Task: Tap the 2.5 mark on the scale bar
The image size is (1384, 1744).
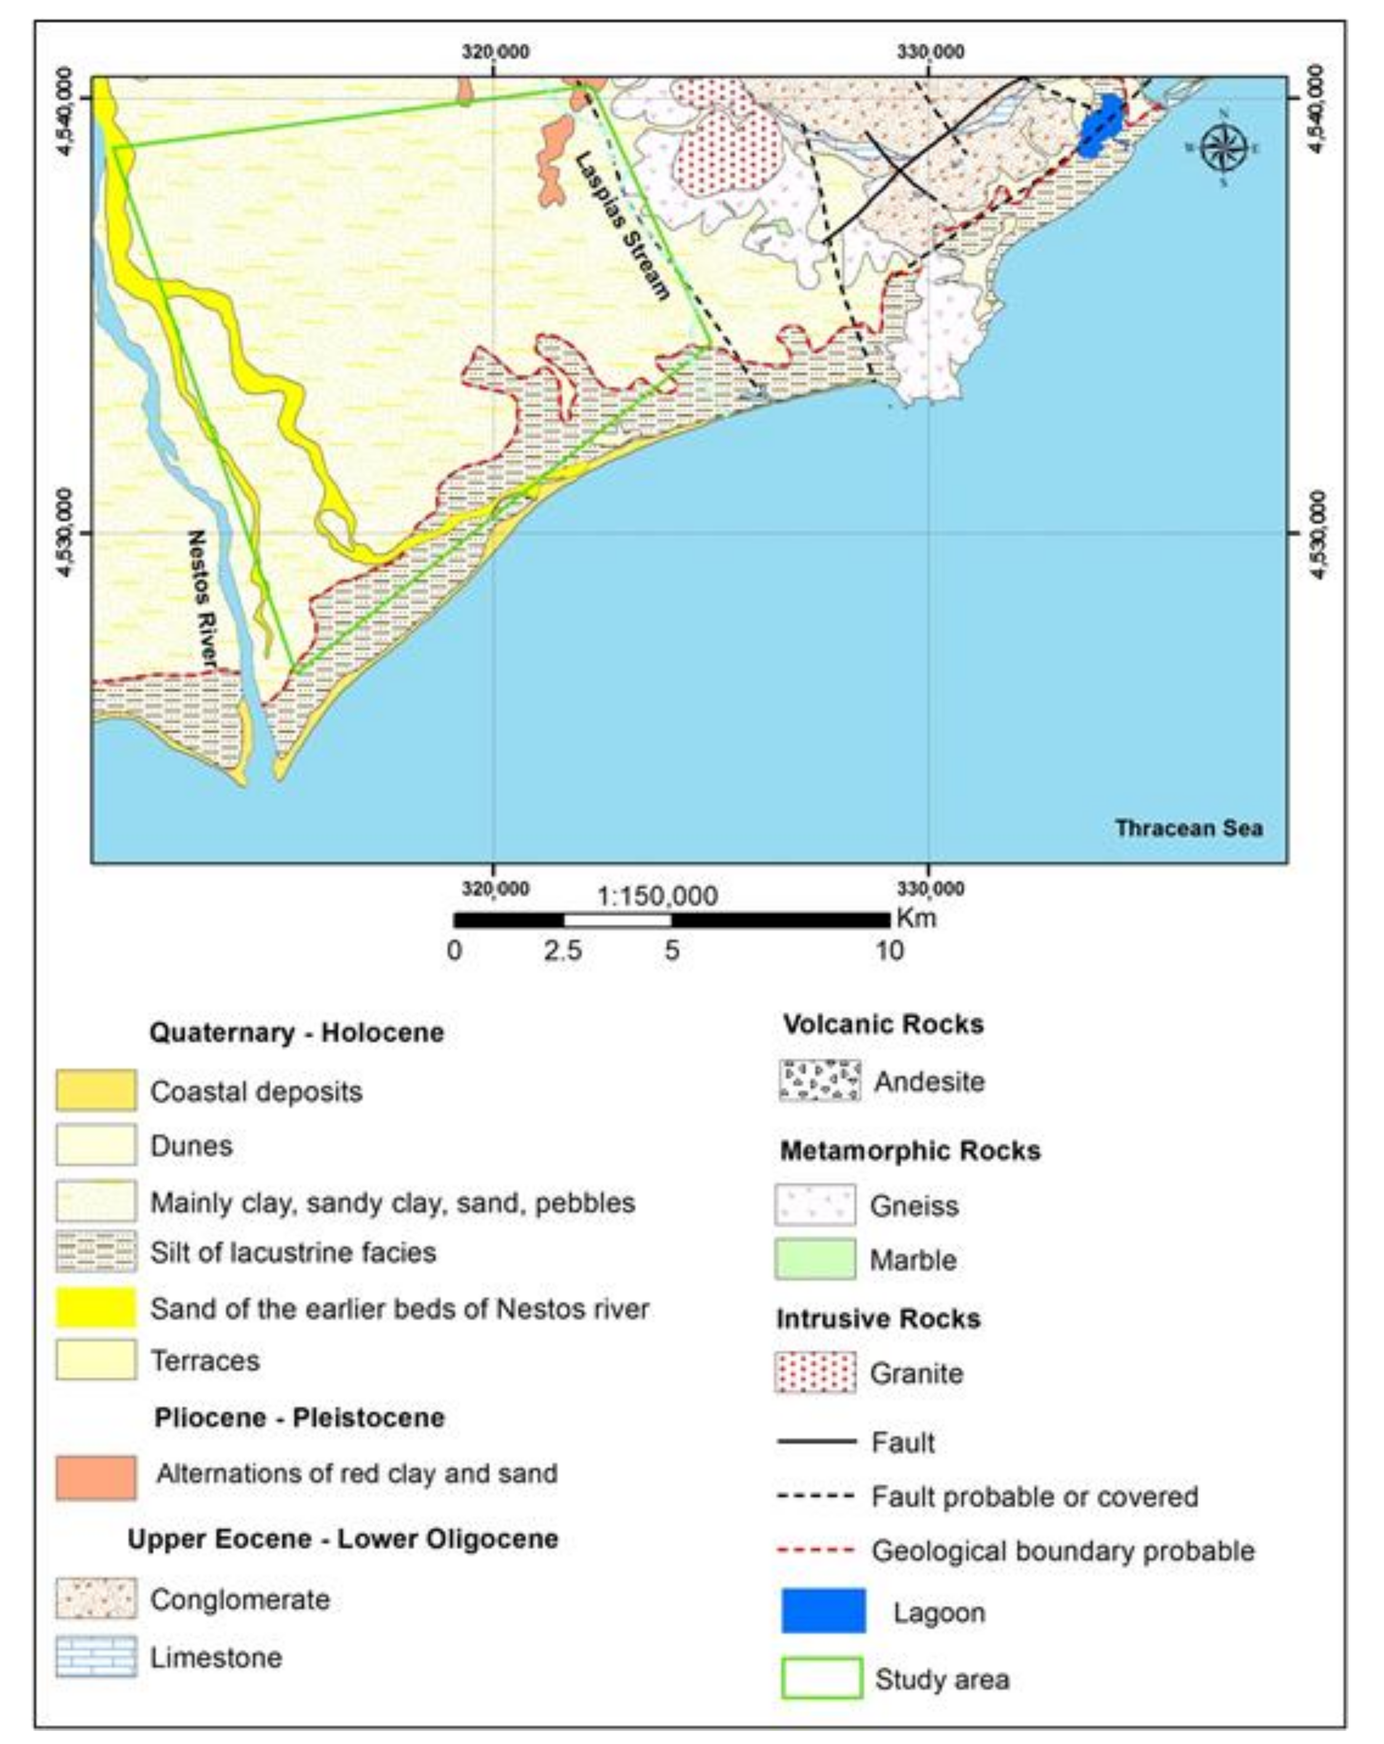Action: coord(562,950)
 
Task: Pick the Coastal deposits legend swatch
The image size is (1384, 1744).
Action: coord(96,1090)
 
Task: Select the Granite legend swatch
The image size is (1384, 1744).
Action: coord(814,1373)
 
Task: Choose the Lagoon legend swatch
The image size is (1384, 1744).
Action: coord(822,1610)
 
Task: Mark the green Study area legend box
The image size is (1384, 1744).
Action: coord(821,1678)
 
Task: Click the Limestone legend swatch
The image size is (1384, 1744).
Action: coord(96,1656)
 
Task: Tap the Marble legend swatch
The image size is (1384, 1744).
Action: coord(814,1259)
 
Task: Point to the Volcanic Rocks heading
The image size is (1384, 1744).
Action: coord(883,1024)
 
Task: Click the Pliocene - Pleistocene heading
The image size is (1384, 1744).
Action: coord(299,1417)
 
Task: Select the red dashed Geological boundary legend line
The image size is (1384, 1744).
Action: coord(815,1551)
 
